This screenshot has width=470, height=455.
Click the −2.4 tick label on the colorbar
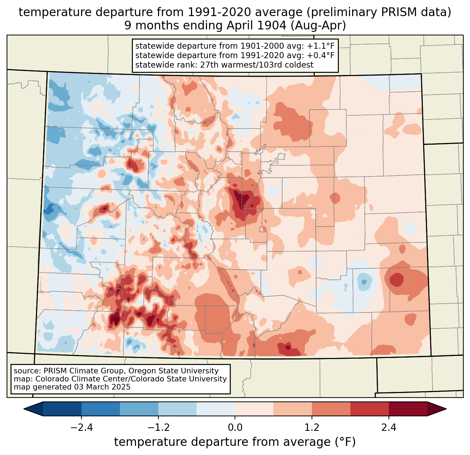click(x=81, y=427)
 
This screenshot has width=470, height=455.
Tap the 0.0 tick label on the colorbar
click(x=235, y=427)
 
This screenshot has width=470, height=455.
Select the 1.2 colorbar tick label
click(x=312, y=427)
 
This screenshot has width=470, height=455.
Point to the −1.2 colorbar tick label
click(x=158, y=427)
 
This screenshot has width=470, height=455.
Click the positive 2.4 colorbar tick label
click(x=389, y=427)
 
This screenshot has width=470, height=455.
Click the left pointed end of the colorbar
click(x=24, y=409)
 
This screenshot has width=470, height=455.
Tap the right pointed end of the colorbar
click(x=446, y=409)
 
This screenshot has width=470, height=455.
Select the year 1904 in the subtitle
click(x=271, y=26)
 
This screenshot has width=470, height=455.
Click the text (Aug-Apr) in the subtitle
click(x=318, y=26)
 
